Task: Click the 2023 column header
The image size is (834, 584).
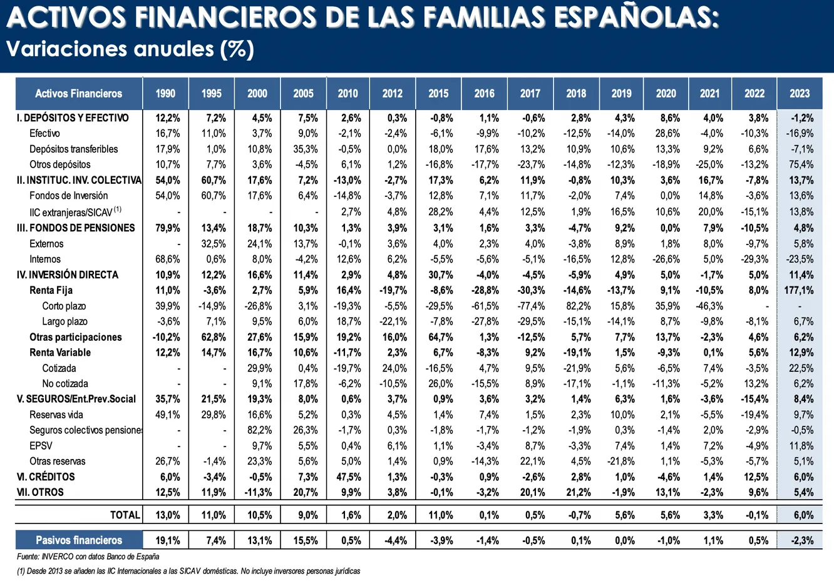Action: (x=800, y=94)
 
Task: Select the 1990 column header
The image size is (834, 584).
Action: (x=165, y=94)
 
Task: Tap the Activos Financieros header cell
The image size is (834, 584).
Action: (x=79, y=94)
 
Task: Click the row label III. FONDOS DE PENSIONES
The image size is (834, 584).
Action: (x=76, y=228)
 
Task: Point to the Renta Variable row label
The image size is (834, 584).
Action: (x=60, y=353)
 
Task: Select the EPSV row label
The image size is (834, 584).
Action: (x=41, y=446)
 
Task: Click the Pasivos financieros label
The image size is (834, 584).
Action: (x=79, y=540)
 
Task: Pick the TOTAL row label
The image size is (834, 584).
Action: (x=125, y=515)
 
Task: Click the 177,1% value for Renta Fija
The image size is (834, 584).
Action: (x=799, y=290)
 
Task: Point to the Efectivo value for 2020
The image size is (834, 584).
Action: (x=667, y=133)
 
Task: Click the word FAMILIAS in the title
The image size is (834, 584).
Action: (x=466, y=18)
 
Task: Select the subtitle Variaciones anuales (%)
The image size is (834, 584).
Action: (x=130, y=49)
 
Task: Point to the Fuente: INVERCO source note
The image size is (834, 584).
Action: (x=88, y=556)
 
